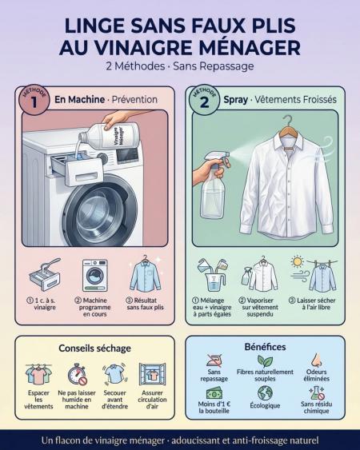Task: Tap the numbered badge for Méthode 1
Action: click(34, 100)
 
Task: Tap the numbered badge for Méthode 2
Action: click(204, 100)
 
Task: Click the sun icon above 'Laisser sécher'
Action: click(297, 261)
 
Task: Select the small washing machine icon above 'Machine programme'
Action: click(95, 276)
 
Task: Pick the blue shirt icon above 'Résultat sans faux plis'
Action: click(145, 274)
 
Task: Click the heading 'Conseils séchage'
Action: click(95, 348)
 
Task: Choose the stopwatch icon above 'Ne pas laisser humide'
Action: click(77, 374)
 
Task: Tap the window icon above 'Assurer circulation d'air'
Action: click(152, 374)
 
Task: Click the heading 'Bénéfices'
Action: click(265, 347)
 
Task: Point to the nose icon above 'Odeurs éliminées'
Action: click(316, 360)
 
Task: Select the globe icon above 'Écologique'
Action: click(265, 393)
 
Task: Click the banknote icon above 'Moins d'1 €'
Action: click(214, 394)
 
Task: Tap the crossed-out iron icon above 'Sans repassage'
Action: click(214, 360)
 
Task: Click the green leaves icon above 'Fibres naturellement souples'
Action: click(265, 361)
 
